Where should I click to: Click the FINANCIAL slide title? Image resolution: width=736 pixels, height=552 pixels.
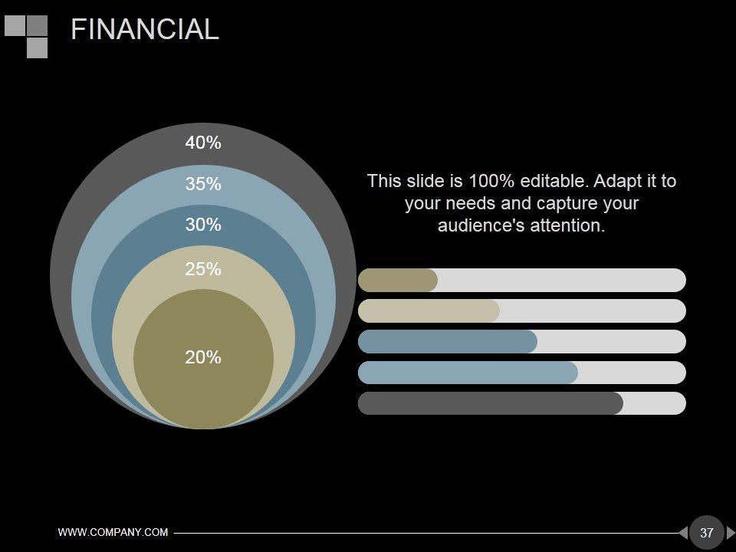click(x=145, y=29)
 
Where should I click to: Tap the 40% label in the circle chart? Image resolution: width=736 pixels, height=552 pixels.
click(x=202, y=143)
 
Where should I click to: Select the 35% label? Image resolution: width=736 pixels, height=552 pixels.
click(x=202, y=183)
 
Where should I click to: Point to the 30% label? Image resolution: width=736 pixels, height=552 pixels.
click(x=202, y=225)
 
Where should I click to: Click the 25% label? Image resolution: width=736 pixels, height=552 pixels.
click(x=202, y=269)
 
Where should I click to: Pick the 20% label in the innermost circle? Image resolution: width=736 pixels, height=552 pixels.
click(x=202, y=357)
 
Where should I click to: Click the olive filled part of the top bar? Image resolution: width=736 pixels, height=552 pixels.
click(x=398, y=281)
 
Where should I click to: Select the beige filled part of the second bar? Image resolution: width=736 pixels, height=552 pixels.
click(x=429, y=310)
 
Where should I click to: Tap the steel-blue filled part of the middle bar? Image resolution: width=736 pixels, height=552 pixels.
click(x=447, y=342)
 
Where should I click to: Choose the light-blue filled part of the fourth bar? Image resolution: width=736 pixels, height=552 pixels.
click(x=468, y=373)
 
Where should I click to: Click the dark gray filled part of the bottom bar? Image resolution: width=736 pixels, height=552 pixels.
click(x=491, y=403)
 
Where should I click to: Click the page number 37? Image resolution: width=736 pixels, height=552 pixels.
click(x=706, y=533)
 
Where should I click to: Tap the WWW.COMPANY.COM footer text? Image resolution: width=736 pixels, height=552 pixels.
click(x=113, y=532)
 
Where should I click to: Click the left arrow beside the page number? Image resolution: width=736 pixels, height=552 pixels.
click(x=683, y=533)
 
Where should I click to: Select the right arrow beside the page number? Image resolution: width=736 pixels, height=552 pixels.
click(x=731, y=533)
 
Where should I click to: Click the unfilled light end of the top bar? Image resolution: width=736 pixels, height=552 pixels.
click(x=562, y=281)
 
